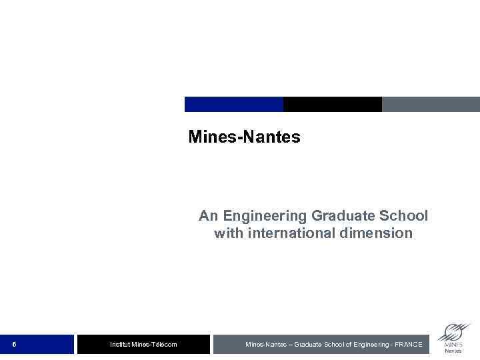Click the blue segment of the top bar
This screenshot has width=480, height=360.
coord(233,105)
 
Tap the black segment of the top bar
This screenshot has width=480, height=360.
coord(332,105)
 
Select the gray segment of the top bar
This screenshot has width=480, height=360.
coord(431,105)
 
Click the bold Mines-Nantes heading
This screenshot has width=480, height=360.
coord(244,137)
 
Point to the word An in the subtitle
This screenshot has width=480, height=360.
coord(209,216)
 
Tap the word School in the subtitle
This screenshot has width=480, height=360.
coord(405,216)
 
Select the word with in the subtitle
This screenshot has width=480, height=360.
coord(227,233)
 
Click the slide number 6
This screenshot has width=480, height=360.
coord(14,344)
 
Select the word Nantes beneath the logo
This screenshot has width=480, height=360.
coord(453,351)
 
